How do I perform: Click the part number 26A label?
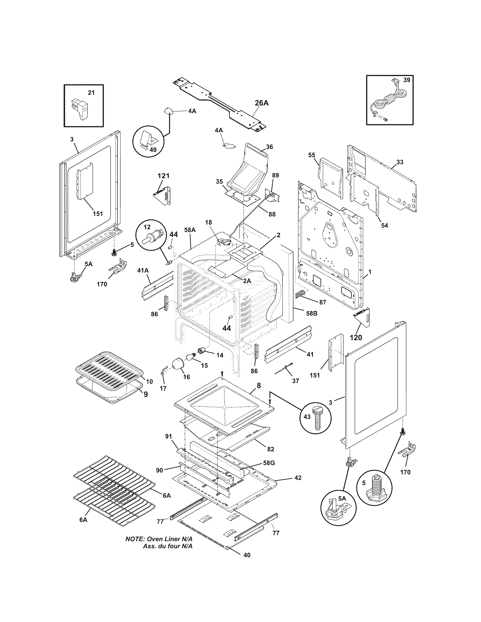[x=261, y=103]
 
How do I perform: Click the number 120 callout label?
[x=356, y=338]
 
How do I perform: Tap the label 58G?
[x=269, y=463]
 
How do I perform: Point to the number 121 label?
[x=163, y=176]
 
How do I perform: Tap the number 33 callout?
[x=400, y=162]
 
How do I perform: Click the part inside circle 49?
[x=149, y=141]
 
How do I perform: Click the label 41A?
[x=143, y=270]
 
